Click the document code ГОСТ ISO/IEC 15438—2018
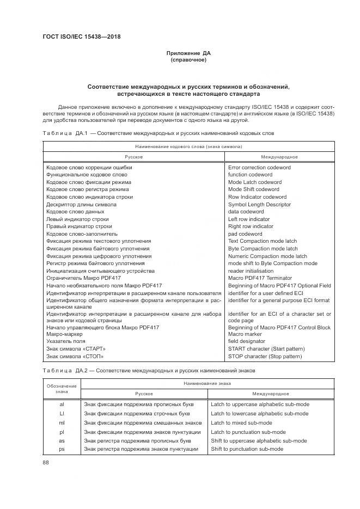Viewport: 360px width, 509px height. [81, 37]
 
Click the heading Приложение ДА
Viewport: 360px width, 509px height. [188, 53]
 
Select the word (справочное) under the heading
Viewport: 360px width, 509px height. [188, 60]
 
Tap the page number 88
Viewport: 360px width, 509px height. [46, 462]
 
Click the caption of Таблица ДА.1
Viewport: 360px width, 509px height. [154, 133]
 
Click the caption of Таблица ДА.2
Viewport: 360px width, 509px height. [149, 370]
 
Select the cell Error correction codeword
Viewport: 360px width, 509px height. [259, 168]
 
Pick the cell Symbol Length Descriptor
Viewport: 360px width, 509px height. [259, 204]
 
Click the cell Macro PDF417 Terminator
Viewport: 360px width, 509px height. [260, 278]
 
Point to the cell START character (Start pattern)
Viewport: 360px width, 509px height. [265, 348]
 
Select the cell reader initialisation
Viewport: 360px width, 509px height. [251, 271]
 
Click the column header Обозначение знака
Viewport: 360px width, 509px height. [62, 388]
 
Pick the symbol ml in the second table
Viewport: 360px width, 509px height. [62, 422]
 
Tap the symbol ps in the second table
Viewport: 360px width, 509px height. [62, 449]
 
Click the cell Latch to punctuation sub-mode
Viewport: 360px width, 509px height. [248, 432]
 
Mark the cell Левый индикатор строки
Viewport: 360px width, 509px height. [77, 219]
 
